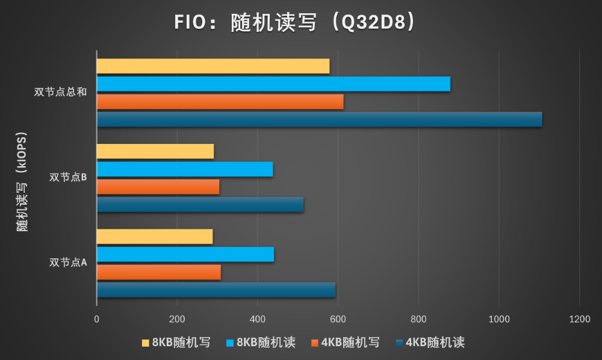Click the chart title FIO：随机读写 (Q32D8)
295,23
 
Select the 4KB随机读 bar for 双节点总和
319,119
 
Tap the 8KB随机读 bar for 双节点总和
273,84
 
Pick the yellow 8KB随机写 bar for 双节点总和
213,66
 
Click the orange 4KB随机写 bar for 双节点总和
220,102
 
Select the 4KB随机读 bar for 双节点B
200,205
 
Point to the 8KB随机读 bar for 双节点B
185,169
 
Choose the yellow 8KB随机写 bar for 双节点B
155,152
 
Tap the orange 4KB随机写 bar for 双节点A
159,272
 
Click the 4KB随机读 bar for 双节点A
216,290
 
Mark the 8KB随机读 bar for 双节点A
185,255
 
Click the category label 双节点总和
61,92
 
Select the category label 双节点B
68,178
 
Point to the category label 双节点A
68,262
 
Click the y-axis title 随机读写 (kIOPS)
22,181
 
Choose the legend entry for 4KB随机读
430,343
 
